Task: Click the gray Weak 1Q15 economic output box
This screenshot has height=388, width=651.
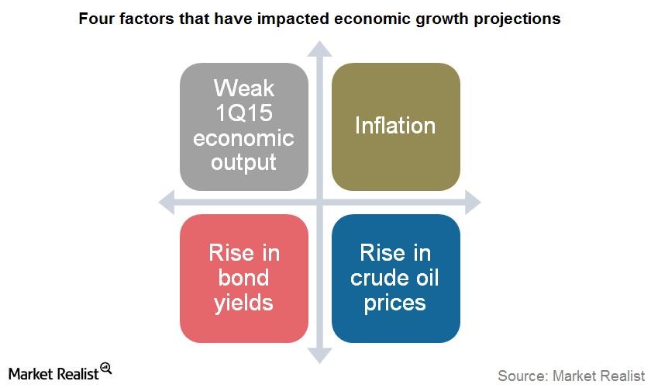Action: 244,126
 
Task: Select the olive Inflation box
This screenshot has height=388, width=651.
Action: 396,126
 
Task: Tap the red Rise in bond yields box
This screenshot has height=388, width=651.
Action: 244,279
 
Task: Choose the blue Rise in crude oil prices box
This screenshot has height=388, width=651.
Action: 396,279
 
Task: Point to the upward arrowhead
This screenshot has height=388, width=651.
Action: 319,49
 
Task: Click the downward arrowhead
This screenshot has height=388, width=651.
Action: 319,355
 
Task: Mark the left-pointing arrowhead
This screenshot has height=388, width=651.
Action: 167,203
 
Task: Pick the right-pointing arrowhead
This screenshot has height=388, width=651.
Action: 473,203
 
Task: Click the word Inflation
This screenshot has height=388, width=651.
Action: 395,125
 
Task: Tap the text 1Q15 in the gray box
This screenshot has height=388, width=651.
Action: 244,113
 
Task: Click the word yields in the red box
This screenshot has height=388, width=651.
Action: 243,303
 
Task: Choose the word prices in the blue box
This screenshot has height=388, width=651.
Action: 394,303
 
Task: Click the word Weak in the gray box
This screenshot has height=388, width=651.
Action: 244,88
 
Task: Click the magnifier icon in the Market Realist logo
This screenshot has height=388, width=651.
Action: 106,369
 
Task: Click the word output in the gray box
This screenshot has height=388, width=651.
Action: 243,162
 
